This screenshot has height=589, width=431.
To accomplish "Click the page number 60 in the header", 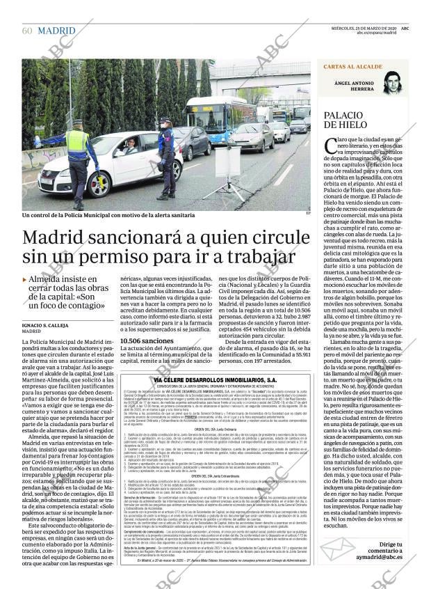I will point(28,31).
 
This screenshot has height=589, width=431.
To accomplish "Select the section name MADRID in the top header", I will point(57,31).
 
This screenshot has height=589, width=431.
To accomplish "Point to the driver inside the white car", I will point(129,148).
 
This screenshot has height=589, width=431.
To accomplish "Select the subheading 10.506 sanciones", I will point(146,340).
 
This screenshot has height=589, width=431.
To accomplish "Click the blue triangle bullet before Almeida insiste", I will point(25,279).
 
